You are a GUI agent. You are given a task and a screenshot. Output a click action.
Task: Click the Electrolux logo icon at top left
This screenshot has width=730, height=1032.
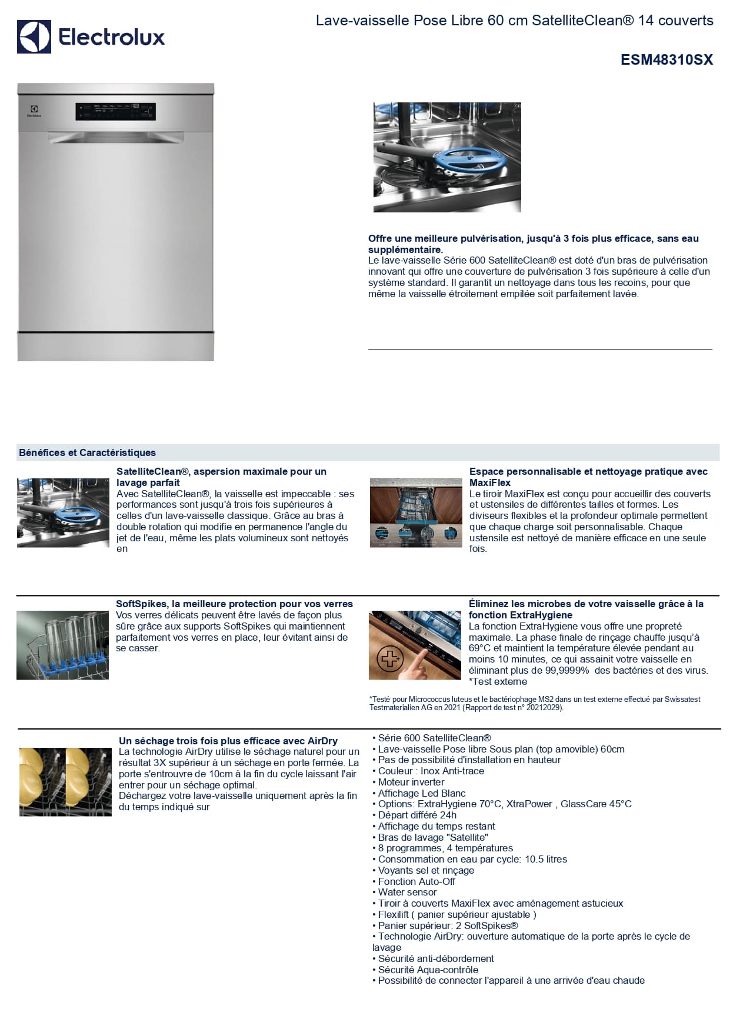click(34, 37)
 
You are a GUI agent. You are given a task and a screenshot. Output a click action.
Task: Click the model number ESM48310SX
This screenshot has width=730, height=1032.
click(666, 60)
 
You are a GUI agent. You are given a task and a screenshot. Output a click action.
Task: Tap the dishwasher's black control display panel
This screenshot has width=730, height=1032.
click(115, 111)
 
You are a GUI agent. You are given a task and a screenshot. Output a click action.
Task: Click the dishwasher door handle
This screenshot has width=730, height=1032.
click(115, 138)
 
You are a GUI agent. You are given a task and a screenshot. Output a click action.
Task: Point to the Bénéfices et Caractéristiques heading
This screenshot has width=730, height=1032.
click(87, 453)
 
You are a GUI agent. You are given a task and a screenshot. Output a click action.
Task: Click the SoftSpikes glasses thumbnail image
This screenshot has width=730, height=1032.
click(62, 645)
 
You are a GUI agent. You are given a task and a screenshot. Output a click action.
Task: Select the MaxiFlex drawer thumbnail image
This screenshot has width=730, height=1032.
click(416, 512)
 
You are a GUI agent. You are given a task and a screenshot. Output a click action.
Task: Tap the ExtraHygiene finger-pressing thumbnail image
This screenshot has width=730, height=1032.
click(415, 645)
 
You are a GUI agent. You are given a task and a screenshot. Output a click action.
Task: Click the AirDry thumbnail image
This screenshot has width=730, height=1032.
click(65, 782)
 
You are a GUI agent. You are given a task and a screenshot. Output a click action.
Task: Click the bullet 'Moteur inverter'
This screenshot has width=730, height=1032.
click(411, 782)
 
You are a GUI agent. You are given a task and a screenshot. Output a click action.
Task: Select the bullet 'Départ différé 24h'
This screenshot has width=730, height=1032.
click(417, 815)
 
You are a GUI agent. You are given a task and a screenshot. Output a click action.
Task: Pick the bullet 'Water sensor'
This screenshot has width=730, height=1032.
click(407, 893)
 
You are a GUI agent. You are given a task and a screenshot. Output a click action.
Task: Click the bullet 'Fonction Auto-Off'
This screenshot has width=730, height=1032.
click(416, 881)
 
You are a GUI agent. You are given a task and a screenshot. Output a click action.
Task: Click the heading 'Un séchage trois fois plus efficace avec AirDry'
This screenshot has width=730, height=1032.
click(228, 741)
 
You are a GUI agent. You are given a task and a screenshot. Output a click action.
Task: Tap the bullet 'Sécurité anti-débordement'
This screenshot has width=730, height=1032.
click(436, 958)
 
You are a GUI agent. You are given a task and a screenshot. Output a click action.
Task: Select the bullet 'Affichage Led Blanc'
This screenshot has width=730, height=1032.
click(422, 793)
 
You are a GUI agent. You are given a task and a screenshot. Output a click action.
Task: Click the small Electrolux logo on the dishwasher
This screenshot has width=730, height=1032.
click(34, 111)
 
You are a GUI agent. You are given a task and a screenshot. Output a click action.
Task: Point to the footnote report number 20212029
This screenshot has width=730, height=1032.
click(544, 708)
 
